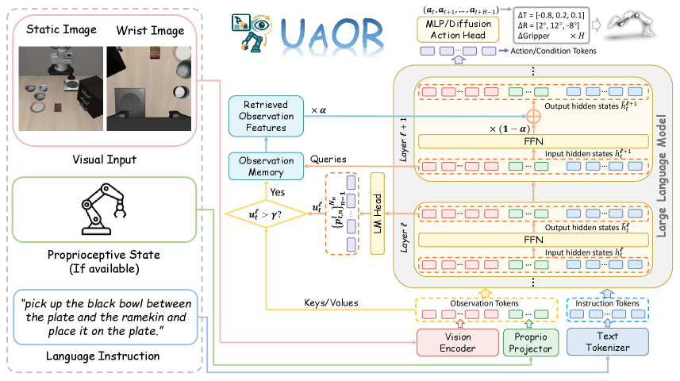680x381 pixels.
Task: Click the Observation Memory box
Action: click(x=265, y=167)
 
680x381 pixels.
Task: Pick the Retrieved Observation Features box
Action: click(x=265, y=116)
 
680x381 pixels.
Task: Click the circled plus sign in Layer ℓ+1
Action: click(x=533, y=117)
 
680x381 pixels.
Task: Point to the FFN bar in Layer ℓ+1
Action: click(x=533, y=140)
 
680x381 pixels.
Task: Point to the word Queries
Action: click(x=327, y=159)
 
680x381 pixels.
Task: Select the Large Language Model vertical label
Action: click(x=660, y=175)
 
